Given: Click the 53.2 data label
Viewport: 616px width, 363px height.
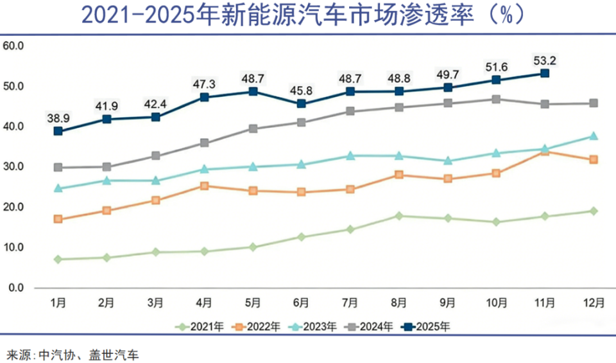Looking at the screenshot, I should pyautogui.click(x=545, y=61).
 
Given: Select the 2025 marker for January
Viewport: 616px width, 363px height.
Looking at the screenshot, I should pyautogui.click(x=58, y=131).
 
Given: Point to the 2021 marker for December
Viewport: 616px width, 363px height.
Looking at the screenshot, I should pyautogui.click(x=594, y=211).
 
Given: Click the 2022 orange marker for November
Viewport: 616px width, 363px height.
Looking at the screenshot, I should pyautogui.click(x=545, y=152).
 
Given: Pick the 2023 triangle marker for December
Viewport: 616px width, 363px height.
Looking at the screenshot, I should pyautogui.click(x=594, y=136).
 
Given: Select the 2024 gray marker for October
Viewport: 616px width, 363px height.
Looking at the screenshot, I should pyautogui.click(x=496, y=99).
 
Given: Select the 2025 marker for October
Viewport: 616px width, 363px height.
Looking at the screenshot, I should pyautogui.click(x=496, y=80).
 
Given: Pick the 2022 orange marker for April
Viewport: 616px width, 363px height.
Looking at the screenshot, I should pyautogui.click(x=204, y=186).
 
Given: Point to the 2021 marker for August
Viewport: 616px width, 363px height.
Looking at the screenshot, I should pyautogui.click(x=398, y=216).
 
